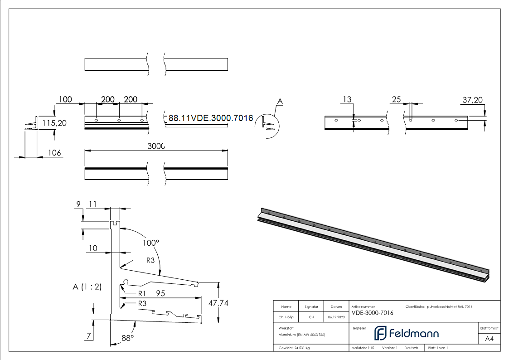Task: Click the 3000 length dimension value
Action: [x=156, y=146]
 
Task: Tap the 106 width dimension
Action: [x=54, y=153]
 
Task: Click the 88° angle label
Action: [x=128, y=338]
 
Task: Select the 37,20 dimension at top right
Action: [x=473, y=100]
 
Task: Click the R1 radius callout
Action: [x=142, y=293]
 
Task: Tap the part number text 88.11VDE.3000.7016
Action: [x=210, y=118]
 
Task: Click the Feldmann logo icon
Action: [x=379, y=333]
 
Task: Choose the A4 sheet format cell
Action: [x=489, y=339]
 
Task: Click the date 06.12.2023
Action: [x=336, y=317]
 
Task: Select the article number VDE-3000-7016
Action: [x=372, y=313]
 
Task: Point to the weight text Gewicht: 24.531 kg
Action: [x=294, y=348]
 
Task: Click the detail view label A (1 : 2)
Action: [x=87, y=287]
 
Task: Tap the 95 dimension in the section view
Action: [x=160, y=293]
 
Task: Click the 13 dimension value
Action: [x=347, y=99]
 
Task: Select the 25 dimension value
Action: [x=396, y=99]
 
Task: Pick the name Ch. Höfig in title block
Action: [x=286, y=317]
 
